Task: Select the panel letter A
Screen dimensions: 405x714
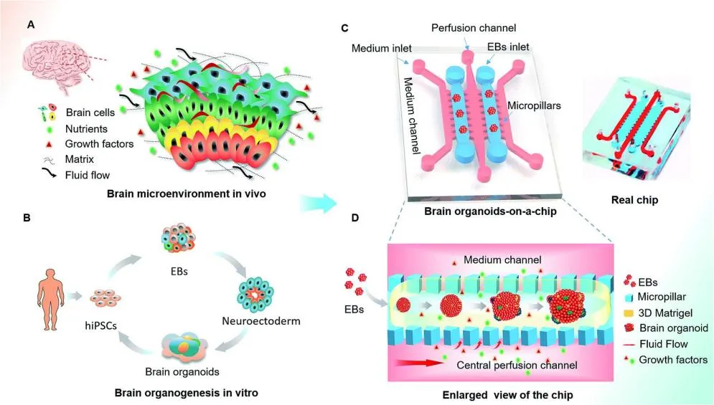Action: tap(30, 24)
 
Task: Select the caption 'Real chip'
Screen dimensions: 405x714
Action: tap(635, 201)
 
